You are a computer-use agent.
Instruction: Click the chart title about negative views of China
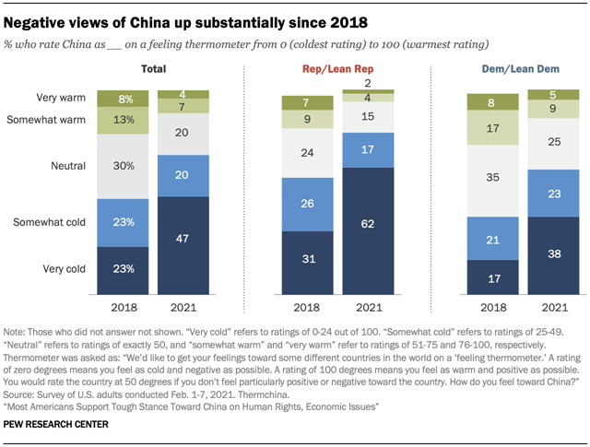tap(185, 19)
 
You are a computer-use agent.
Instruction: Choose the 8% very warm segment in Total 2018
tap(123, 97)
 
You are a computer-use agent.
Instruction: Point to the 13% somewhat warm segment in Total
tap(123, 120)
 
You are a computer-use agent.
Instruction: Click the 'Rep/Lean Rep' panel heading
tap(337, 68)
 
